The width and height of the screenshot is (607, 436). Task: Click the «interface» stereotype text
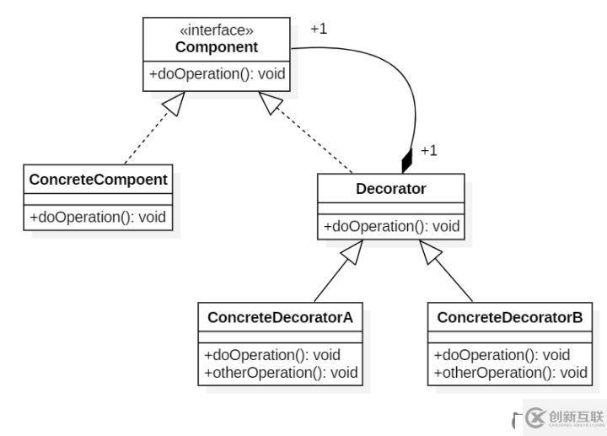[x=216, y=31]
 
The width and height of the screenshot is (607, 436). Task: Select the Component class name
[x=216, y=47]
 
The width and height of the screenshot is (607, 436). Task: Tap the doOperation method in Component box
[x=217, y=74]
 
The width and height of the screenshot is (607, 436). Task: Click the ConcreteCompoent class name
[x=98, y=180]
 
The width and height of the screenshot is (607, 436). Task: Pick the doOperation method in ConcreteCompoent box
[x=98, y=217]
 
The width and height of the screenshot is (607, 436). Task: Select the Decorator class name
[x=390, y=189]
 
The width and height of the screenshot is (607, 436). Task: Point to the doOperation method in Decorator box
[x=390, y=226]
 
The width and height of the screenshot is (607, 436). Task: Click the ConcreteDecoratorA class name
[x=282, y=318]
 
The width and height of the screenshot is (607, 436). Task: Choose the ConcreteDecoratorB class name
[x=509, y=318]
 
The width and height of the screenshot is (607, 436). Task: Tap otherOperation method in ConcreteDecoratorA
[x=282, y=372]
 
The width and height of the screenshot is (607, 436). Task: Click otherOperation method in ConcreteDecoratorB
[x=509, y=372]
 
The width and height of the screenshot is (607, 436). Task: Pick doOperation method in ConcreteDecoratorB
[x=501, y=355]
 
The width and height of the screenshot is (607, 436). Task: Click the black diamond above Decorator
[x=407, y=160]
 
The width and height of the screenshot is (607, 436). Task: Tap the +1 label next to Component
[x=318, y=29]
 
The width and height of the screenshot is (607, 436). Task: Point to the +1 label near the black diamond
[x=428, y=151]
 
